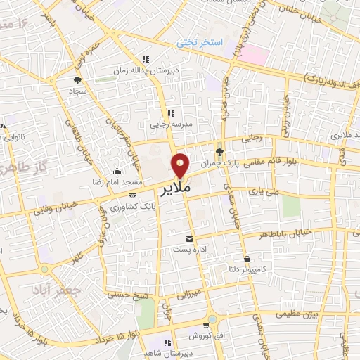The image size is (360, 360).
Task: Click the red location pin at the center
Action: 181,165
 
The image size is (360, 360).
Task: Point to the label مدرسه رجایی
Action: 169,125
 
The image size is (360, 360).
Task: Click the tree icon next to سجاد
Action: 77,80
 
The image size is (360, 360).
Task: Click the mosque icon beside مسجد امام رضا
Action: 117,171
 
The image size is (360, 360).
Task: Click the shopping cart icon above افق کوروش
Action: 205,326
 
